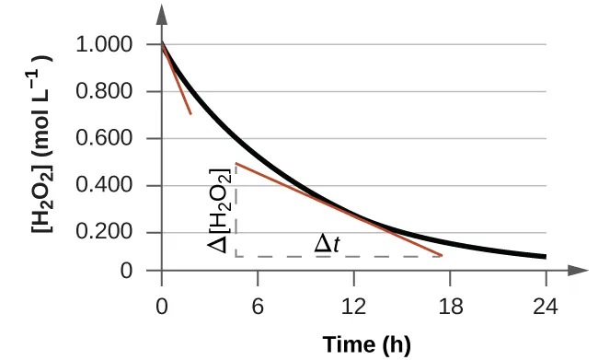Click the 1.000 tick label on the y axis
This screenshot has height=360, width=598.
108,45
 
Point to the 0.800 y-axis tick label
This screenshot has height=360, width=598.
108,92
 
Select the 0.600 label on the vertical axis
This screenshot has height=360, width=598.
108,139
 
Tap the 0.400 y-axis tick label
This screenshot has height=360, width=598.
108,186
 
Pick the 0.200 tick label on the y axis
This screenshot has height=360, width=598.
108,234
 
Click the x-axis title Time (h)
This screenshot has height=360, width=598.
366,344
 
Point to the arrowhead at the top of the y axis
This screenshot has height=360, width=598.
162,13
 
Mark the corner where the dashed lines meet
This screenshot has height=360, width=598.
236,256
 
